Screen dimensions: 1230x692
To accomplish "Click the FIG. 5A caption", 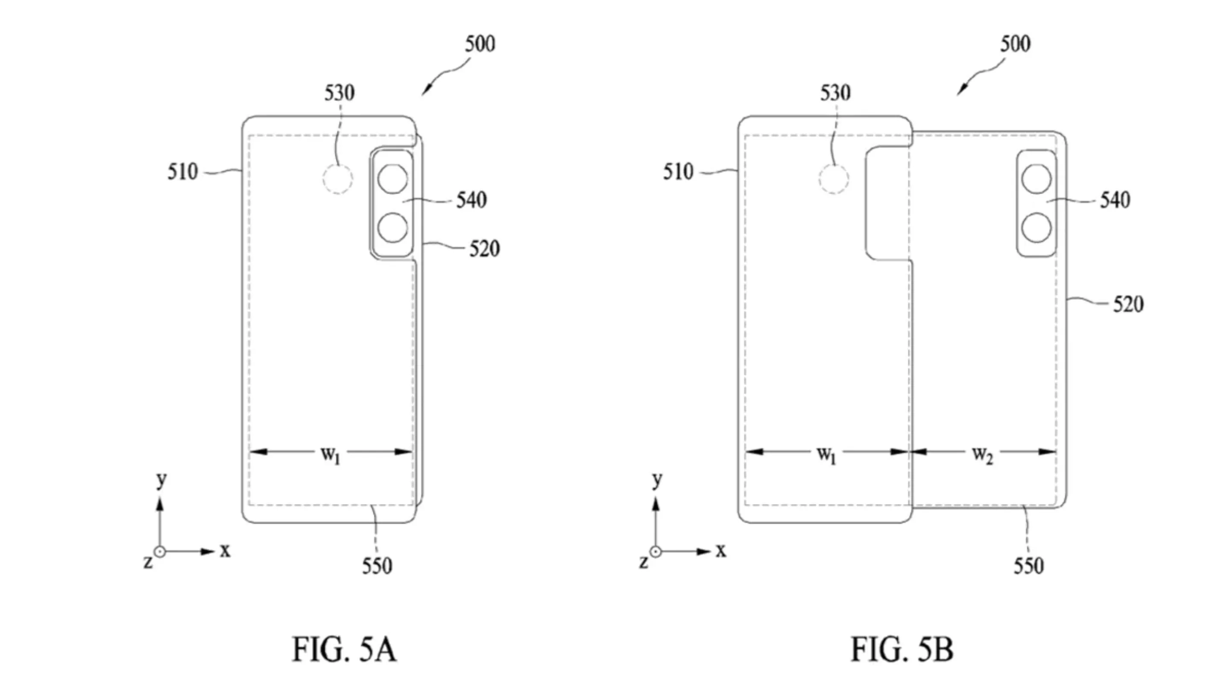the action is [x=344, y=649].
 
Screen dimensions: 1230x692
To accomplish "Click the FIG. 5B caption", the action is [x=902, y=649].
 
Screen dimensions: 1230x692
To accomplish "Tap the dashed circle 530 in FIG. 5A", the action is [x=337, y=179].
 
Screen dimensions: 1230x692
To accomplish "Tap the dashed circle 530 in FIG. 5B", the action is [x=834, y=179].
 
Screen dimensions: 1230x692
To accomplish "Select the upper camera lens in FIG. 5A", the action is [x=392, y=179].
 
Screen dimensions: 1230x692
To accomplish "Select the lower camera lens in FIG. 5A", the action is [x=392, y=227].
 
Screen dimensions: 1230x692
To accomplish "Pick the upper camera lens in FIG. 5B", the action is [x=1036, y=179].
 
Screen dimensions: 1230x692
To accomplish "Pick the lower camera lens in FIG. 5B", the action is [x=1036, y=227].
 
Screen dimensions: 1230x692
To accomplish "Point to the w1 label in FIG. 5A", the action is [x=331, y=454].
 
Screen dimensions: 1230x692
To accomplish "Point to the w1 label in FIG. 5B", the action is [x=826, y=454].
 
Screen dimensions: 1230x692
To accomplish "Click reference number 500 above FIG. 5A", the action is [x=480, y=44].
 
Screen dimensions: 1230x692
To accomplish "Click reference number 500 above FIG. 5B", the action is [x=1015, y=44].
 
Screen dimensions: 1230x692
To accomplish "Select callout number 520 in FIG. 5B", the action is [x=1128, y=304].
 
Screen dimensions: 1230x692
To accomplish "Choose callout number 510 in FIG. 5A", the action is [x=182, y=171].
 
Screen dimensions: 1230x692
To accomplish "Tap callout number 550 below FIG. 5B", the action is [x=1029, y=566].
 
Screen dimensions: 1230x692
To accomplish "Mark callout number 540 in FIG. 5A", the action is [x=471, y=199].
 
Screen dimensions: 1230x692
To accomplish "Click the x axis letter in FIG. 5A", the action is [x=225, y=551].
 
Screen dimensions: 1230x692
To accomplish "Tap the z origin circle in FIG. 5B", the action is [x=656, y=551].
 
